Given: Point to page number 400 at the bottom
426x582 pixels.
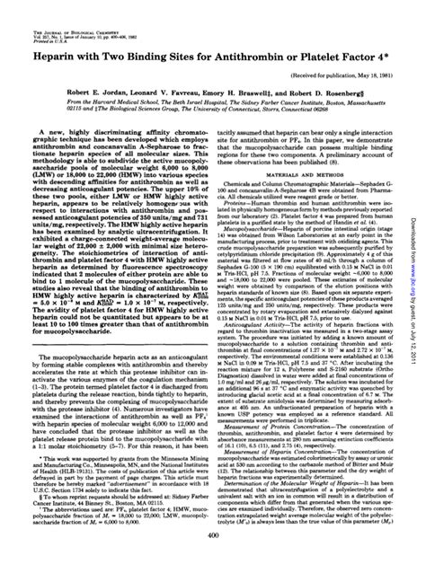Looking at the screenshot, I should (x=213, y=560).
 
